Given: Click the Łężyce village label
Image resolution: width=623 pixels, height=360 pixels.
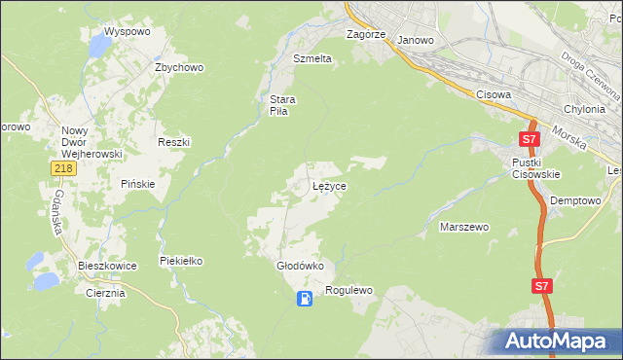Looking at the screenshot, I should point(329,185).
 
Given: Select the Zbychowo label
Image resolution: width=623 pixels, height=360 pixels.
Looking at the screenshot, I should point(178,68).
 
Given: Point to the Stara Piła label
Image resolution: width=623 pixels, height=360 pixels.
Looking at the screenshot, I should point(282,105).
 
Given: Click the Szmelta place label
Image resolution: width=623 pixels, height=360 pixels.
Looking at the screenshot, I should point(312,58).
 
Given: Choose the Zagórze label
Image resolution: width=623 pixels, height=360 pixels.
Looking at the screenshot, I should point(367,34).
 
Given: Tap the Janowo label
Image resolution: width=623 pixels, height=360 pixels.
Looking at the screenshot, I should point(416,41).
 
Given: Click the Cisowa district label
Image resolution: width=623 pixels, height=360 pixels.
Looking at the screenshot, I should point(494,94).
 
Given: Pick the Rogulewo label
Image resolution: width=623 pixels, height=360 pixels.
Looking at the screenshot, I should point(349,290).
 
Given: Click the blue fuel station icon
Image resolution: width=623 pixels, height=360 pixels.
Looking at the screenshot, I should point(306,299).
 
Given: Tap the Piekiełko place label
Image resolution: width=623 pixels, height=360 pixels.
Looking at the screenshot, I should point(180,261).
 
